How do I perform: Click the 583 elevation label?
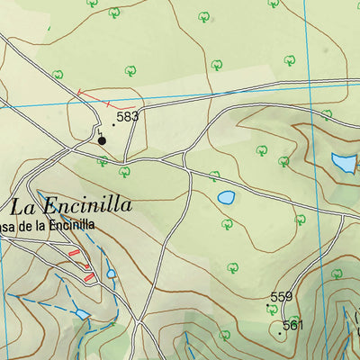tap(128, 117)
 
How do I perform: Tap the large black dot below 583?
tap(102, 140)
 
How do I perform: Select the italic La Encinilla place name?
tap(72, 205)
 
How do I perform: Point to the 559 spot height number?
tap(282, 297)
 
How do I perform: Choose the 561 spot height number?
tap(293, 325)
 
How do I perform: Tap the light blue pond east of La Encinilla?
tap(226, 197)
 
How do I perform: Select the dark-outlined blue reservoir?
tap(343, 163)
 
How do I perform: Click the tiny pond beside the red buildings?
tap(111, 274)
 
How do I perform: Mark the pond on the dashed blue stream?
tap(83, 314)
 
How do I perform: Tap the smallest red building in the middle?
tap(87, 266)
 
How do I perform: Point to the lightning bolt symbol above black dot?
tap(101, 131)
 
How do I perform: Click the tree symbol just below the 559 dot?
tap(272, 310)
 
